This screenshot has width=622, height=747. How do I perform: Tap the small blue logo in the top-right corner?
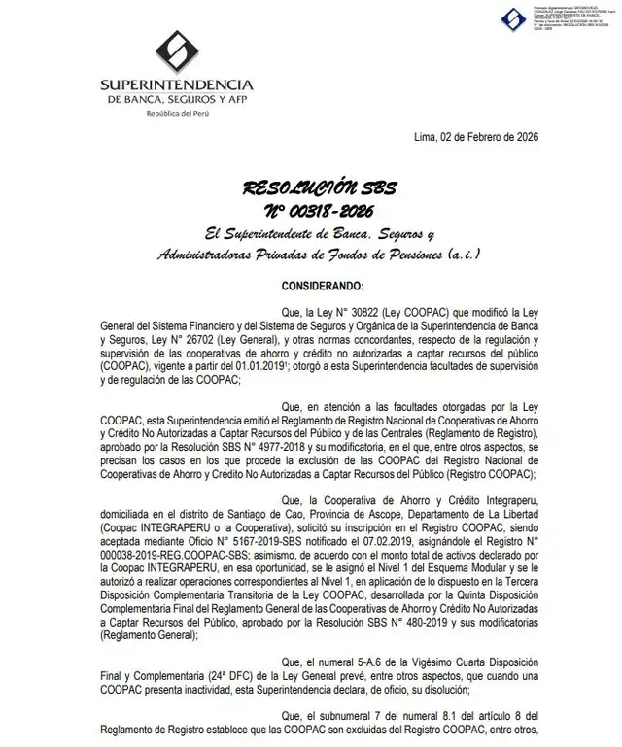(x=512, y=18)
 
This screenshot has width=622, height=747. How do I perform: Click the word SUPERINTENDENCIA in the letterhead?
(x=177, y=85)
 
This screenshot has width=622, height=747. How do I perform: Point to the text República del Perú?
(x=177, y=114)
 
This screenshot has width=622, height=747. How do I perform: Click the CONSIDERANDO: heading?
(x=323, y=287)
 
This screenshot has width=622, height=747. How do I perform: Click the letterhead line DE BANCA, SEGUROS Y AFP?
(x=177, y=100)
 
